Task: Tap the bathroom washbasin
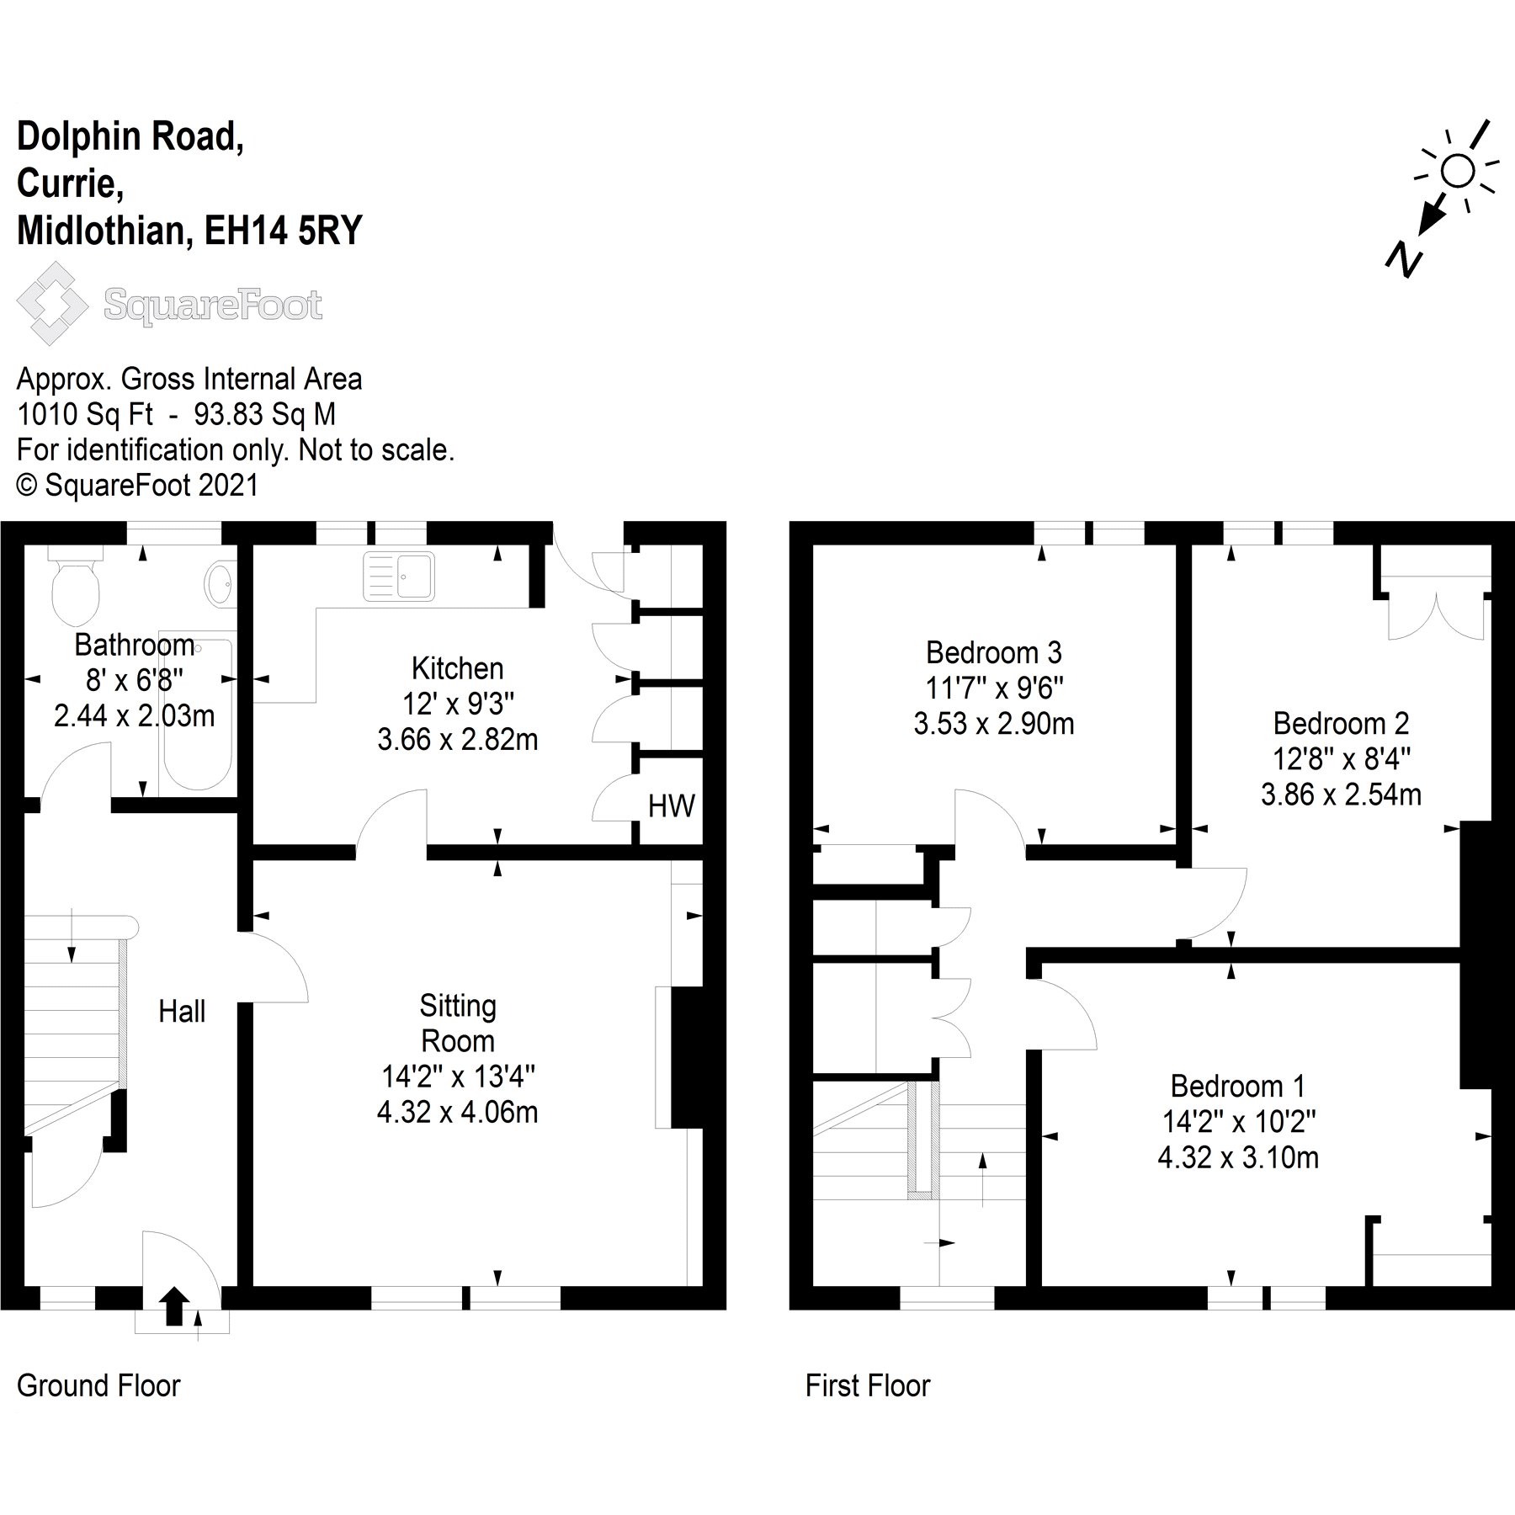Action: coord(220,582)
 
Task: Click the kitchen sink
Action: coord(399,577)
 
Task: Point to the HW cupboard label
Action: coord(671,806)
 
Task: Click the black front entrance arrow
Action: coord(174,1306)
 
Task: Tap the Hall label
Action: coord(182,1011)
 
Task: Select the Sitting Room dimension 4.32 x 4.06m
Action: coord(457,1113)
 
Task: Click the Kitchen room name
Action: coord(457,668)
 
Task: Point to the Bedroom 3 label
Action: coord(994,652)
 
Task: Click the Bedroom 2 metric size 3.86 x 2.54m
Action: coord(1341,794)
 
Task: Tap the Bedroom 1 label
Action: coord(1237,1087)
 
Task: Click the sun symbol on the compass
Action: coord(1458,172)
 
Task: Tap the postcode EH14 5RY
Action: coord(284,231)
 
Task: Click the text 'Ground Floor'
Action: coord(98,1385)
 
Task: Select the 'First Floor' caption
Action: coord(868,1385)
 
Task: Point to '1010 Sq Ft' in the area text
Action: coord(85,414)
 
